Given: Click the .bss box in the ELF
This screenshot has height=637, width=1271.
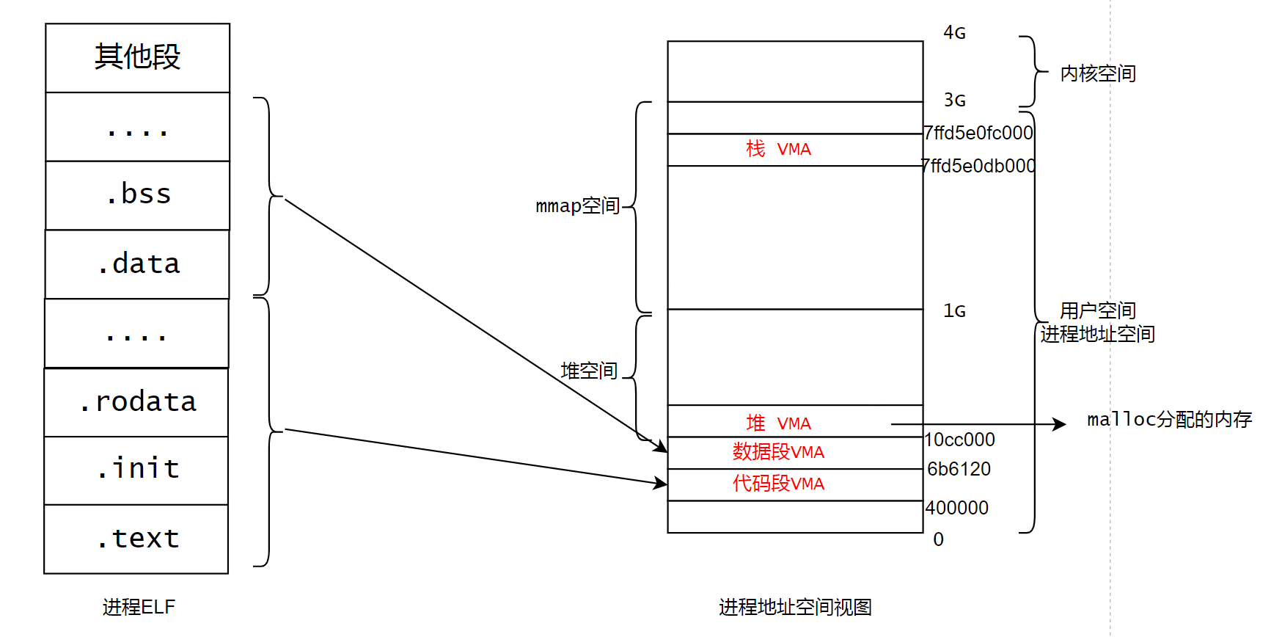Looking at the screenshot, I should click(138, 195).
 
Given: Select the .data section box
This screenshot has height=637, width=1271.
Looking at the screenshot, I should click(138, 264).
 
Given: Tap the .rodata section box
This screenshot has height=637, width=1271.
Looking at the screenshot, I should click(137, 402).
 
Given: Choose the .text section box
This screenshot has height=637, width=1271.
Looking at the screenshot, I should click(137, 539).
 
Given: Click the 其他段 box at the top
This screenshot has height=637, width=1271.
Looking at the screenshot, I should click(138, 57).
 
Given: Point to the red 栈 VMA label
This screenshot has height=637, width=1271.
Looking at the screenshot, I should click(778, 150).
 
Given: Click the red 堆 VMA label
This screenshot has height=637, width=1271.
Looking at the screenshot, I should click(778, 423).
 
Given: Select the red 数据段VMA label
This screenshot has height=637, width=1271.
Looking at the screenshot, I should click(778, 452).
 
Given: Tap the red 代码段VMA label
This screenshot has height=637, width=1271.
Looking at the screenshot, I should click(778, 484).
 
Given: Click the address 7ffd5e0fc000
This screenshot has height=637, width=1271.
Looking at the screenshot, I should click(978, 133).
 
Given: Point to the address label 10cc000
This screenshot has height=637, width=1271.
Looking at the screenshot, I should click(959, 440).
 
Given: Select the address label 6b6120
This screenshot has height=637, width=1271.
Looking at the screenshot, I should click(959, 469).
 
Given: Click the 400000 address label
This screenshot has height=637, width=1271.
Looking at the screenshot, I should click(956, 508).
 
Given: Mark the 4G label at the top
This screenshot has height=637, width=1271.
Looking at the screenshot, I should click(954, 33).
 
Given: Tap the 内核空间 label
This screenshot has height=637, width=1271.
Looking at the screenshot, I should click(1098, 73).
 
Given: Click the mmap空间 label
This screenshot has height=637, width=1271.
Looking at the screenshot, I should click(578, 206).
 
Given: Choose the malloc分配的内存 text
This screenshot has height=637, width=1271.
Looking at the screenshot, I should click(1169, 420).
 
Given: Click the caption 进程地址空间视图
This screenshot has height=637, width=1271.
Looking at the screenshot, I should click(795, 607).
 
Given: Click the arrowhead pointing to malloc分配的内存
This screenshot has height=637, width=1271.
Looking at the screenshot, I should click(1061, 424).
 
